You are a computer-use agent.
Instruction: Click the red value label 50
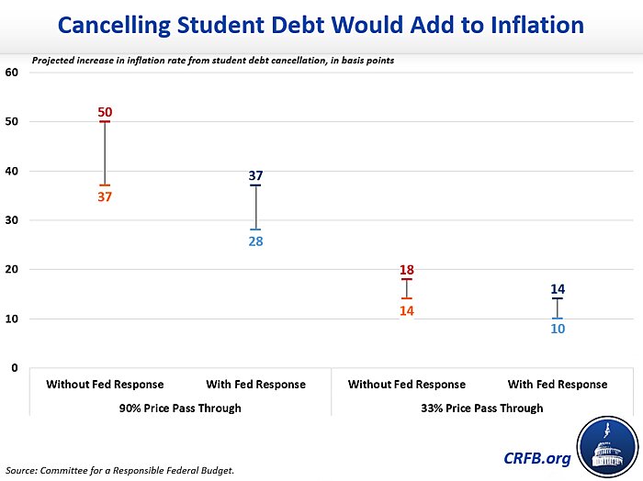point(105,112)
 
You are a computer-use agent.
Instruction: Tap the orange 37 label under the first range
point(105,196)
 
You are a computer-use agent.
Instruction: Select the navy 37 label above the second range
point(255,175)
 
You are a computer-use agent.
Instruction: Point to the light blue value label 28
point(255,241)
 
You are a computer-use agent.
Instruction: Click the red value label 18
point(407,270)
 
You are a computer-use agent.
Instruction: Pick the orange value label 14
point(407,311)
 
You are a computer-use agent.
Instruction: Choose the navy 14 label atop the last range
point(558,289)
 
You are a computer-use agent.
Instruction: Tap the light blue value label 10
point(558,329)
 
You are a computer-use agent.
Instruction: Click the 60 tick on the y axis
point(13,73)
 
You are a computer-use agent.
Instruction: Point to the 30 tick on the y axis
point(13,220)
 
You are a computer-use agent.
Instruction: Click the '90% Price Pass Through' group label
point(181,408)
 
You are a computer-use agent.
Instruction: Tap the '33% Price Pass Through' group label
point(483,408)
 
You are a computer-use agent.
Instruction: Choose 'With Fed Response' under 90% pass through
point(255,385)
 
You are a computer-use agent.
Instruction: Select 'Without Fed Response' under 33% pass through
point(407,385)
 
